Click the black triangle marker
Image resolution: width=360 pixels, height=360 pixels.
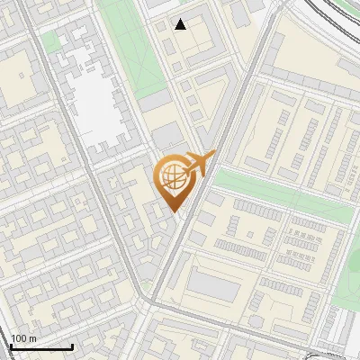point(181,24)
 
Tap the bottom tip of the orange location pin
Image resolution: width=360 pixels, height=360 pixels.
point(175,211)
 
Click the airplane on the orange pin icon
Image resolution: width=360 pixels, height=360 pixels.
point(197,164)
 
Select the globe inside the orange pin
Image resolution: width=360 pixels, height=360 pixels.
point(172,177)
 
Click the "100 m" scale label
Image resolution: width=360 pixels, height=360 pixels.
point(23,338)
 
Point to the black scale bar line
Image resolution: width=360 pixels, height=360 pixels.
point(41,346)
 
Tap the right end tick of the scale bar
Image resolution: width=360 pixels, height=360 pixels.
point(72,345)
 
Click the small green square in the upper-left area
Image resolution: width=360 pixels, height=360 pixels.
point(51,42)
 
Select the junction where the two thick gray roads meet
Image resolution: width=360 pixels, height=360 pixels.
point(148,297)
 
